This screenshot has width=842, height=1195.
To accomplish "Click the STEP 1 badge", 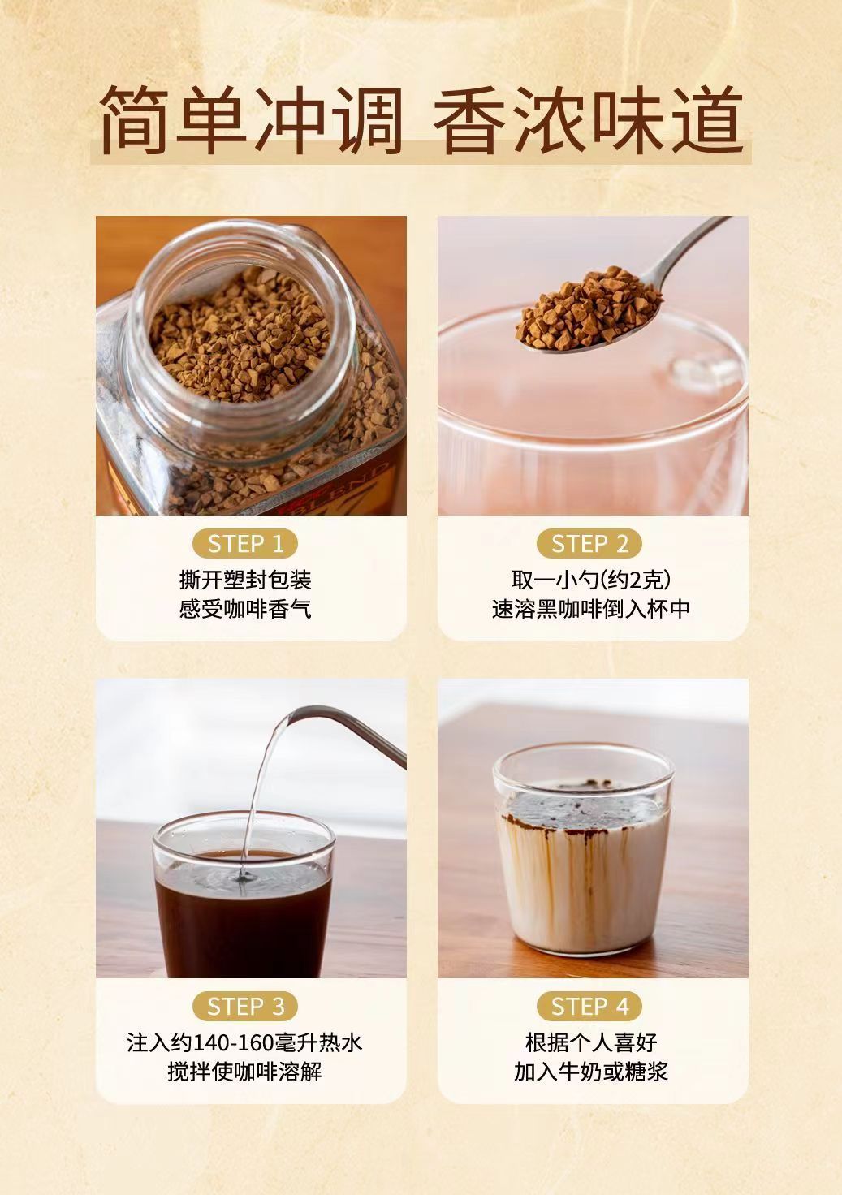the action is (x=245, y=544).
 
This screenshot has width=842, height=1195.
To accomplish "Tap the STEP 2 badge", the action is (x=589, y=544).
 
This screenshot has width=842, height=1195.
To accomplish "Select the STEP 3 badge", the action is (x=245, y=1007).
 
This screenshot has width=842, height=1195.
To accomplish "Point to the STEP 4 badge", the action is (x=589, y=1007).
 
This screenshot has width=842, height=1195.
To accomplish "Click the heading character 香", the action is (x=469, y=120).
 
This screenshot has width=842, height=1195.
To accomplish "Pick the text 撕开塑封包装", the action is (x=245, y=580).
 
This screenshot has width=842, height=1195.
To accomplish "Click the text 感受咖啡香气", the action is (x=245, y=609).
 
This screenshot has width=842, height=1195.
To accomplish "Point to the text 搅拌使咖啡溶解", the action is (x=245, y=1072).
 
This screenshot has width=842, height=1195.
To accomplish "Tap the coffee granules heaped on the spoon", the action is (x=588, y=307).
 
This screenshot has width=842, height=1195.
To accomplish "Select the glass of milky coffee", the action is (x=583, y=848).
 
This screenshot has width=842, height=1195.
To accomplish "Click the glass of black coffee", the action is (x=244, y=896).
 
